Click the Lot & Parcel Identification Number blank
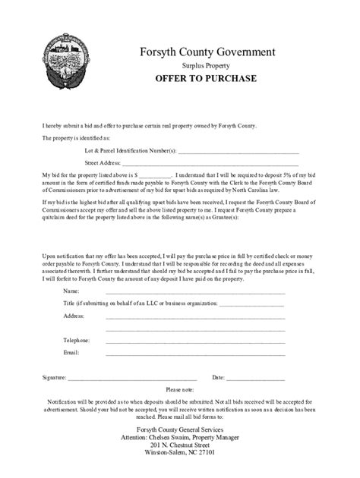click(237, 150)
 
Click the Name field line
click(195, 291)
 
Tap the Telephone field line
click(195, 341)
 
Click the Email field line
click(195, 353)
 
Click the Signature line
click(132, 377)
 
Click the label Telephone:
click(77, 341)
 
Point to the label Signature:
click(55, 377)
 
